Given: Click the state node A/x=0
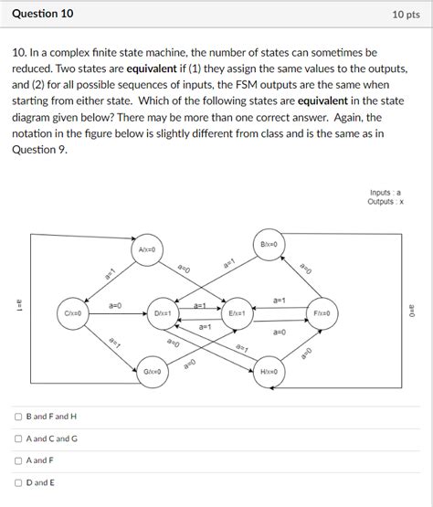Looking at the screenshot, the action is point(148,249).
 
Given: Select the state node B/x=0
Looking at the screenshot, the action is point(269,244).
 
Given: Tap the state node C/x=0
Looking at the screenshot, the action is point(74,313).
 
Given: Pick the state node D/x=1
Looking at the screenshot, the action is point(164,313).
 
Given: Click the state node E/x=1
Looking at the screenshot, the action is point(236,313).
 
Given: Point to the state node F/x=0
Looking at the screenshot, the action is point(322,313).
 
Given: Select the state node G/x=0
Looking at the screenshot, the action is point(153,372).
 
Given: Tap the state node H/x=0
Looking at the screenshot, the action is point(269,372).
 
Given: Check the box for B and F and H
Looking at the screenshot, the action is point(18,417).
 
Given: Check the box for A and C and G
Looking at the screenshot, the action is point(18,438).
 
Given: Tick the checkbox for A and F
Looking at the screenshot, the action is point(18,460).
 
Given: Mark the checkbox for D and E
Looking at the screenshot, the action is point(18,482).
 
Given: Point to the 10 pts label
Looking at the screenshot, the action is point(406,15).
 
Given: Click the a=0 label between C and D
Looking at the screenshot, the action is point(117,304).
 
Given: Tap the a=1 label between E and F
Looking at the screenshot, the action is point(280,300).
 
